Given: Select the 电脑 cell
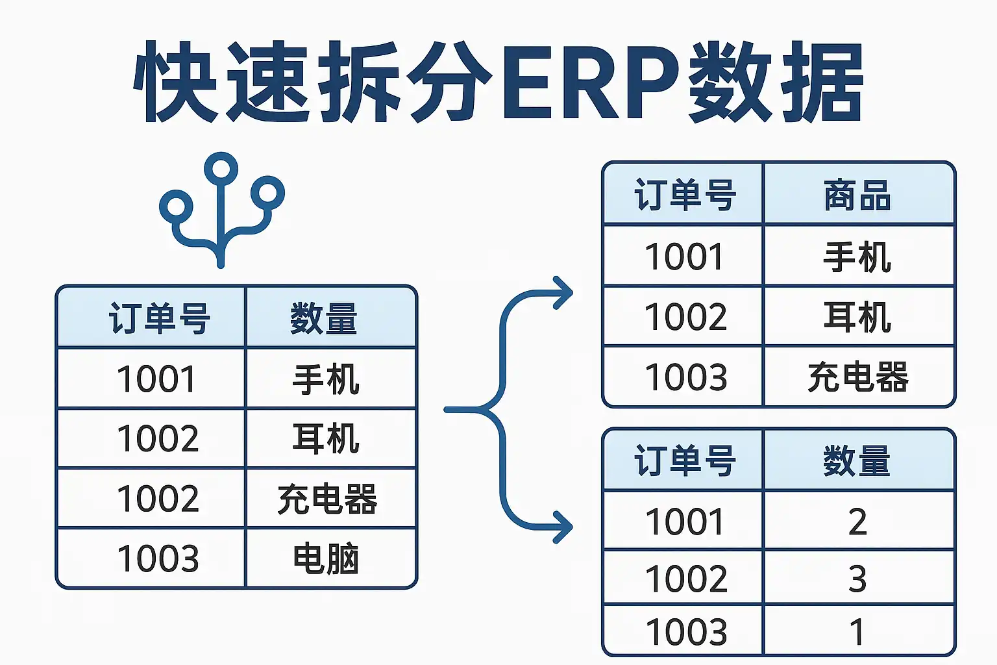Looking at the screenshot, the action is (326, 558).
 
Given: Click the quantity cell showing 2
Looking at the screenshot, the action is (857, 521).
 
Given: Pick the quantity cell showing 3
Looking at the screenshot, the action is (857, 579).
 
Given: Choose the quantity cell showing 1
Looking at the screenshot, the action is (857, 632).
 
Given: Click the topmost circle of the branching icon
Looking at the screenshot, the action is (221, 169).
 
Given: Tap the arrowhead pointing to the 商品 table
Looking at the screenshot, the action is (563, 293).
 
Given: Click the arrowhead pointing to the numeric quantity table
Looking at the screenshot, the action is (563, 527).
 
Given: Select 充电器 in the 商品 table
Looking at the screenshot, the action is (857, 377).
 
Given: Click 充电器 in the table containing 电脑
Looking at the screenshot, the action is (327, 499).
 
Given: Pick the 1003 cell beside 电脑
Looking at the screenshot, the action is (158, 558).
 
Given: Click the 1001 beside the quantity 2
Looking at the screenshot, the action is (684, 521).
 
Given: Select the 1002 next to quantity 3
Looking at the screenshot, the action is (686, 579).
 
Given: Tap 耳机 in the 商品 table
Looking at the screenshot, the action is (857, 317).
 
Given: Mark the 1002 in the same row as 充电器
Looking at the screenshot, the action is (158, 498).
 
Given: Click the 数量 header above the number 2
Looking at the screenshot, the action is (856, 461).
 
